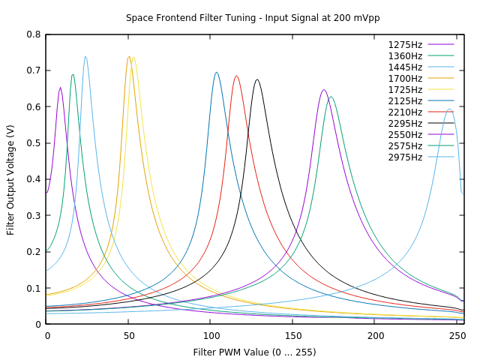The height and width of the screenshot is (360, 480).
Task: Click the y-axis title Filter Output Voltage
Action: coord(10,179)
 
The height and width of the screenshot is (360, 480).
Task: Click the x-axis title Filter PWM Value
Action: coord(254,352)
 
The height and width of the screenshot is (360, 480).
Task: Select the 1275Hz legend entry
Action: coord(405,45)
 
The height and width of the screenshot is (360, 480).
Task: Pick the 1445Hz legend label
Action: coord(405,67)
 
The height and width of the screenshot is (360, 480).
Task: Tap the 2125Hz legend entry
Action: coord(405,101)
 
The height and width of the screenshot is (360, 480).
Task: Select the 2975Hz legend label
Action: coord(405,157)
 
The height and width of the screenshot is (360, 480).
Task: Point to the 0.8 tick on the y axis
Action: coord(34,34)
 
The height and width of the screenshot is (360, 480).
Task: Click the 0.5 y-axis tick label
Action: coord(34,143)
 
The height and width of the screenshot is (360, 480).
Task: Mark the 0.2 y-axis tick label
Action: coord(34,252)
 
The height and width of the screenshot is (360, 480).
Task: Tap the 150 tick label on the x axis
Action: coord(293,337)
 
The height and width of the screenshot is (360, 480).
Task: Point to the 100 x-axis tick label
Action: coord(211,337)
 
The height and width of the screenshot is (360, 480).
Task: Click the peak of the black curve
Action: coord(257,79)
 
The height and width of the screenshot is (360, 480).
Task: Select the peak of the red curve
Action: coord(236,76)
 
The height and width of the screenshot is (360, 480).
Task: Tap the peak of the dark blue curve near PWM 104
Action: coord(217,73)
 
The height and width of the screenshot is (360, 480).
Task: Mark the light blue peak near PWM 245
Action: coord(449,109)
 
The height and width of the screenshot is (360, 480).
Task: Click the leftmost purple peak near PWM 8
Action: coord(60,88)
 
